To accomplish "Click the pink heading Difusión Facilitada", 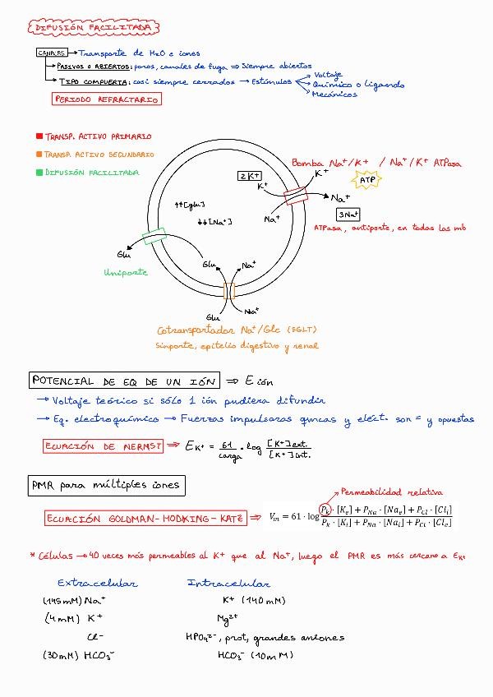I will tap(94, 28).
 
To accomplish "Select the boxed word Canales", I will tap(51, 53).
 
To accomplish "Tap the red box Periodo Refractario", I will tap(106, 99).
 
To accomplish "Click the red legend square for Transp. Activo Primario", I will tap(39, 136).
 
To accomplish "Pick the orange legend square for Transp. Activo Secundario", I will tap(39, 155).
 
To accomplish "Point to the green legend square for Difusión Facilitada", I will tap(39, 173).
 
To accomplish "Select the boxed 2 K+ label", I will tap(249, 176).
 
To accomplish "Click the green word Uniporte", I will tap(126, 272).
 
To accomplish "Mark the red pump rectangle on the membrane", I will tap(295, 196).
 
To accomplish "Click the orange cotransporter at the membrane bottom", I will tap(229, 292).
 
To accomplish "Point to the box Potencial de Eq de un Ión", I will tap(124, 381).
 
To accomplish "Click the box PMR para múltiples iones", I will tap(104, 485).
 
